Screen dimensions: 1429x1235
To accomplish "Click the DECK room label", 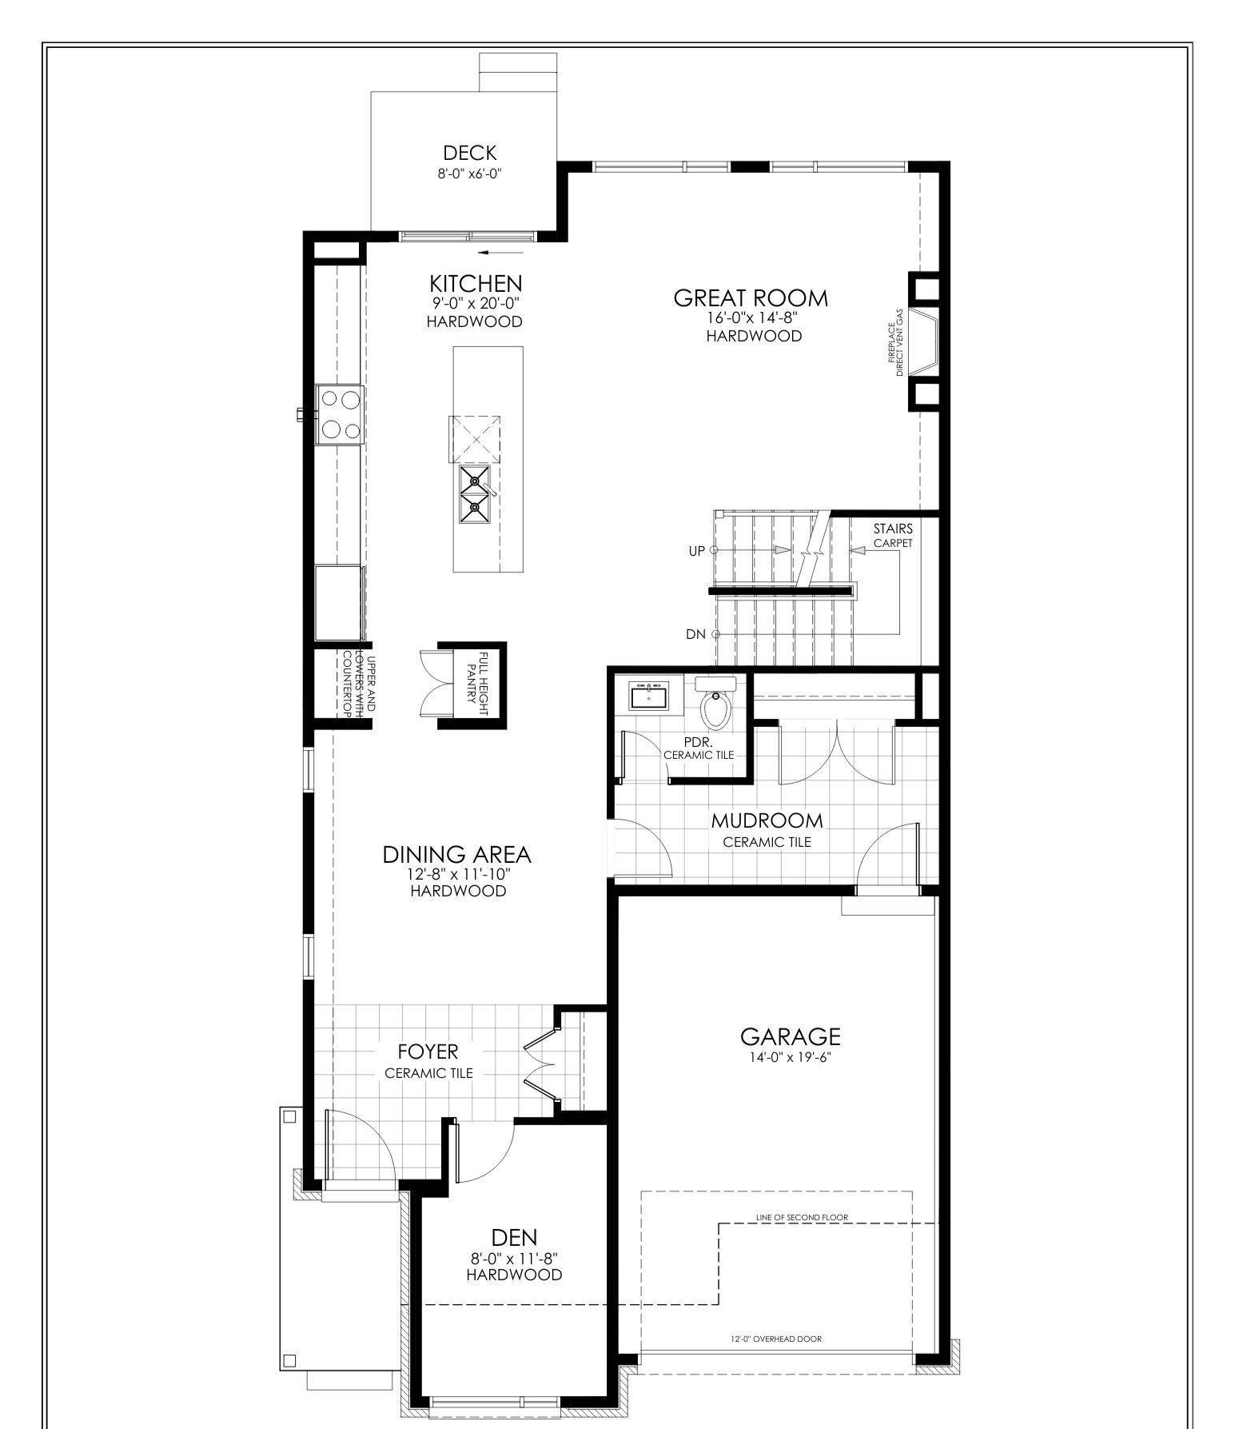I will (x=470, y=153).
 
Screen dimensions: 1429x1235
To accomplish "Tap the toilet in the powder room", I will (x=715, y=705).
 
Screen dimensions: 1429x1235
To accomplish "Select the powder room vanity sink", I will (x=648, y=697).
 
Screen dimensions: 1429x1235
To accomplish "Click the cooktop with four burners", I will (x=341, y=414).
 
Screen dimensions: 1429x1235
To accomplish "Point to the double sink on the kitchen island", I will (x=474, y=494).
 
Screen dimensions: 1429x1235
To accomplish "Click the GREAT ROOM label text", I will (x=751, y=298).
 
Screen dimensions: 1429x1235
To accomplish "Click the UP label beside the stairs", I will (x=697, y=551).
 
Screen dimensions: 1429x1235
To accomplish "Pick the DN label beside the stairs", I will (x=695, y=634).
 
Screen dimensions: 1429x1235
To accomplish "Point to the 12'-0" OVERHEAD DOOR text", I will (x=775, y=1339).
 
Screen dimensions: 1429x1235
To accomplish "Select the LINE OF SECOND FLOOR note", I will (x=802, y=1217).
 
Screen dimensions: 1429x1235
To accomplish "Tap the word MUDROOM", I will (x=767, y=820).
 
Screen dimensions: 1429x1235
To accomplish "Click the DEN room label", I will (x=514, y=1238).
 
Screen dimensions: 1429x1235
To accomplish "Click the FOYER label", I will (x=428, y=1052).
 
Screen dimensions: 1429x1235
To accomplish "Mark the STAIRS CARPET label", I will (x=892, y=535).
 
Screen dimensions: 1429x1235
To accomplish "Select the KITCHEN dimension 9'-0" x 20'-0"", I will (x=475, y=303).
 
